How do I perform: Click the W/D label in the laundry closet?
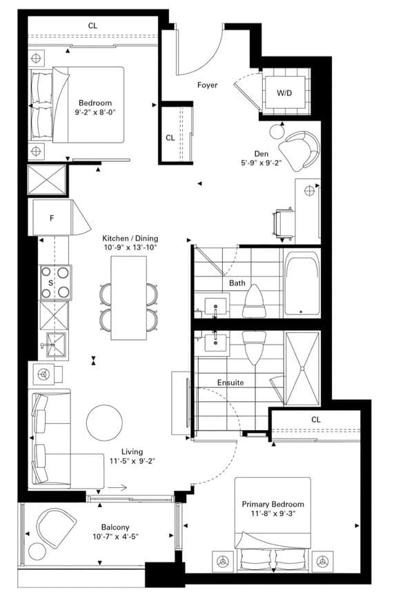(284, 93)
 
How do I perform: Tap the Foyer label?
(207, 85)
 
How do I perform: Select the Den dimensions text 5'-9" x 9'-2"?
(261, 163)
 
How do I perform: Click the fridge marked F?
(52, 218)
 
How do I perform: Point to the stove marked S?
(56, 283)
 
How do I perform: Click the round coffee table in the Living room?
(104, 422)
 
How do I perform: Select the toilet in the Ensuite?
(255, 347)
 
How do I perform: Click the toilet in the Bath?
(255, 301)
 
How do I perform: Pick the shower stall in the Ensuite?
(302, 368)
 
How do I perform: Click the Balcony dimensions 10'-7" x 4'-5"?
(115, 536)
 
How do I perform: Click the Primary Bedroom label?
(273, 504)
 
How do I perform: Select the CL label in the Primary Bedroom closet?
(316, 420)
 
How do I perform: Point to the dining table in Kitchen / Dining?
(128, 298)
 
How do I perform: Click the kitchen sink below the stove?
(56, 345)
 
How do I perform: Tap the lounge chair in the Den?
(299, 151)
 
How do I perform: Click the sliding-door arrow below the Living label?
(117, 487)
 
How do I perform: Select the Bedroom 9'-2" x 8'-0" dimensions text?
(95, 112)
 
